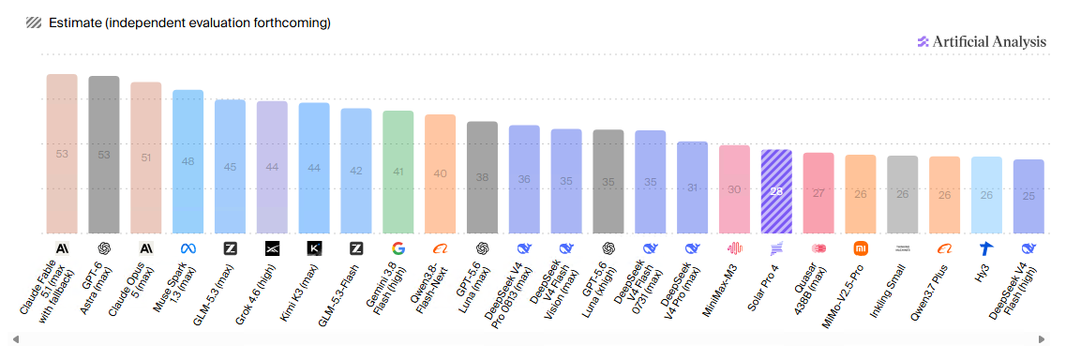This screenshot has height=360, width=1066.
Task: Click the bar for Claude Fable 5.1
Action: (62, 154)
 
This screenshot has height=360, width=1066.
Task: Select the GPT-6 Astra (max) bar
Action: (104, 155)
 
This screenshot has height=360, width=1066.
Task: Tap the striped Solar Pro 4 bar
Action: (776, 191)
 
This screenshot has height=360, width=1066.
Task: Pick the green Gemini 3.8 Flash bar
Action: (398, 172)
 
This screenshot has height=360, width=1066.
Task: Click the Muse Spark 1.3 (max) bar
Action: (188, 161)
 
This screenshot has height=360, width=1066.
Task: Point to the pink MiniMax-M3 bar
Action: (734, 189)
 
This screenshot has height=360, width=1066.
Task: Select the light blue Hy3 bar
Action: (986, 195)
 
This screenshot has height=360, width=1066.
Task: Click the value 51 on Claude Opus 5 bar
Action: (146, 157)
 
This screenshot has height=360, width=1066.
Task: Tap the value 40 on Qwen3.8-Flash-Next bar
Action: (440, 173)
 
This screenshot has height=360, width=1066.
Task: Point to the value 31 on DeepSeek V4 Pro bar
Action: (692, 187)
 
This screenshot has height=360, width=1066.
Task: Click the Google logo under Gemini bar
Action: (398, 247)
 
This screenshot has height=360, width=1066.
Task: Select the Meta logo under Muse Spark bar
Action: (188, 247)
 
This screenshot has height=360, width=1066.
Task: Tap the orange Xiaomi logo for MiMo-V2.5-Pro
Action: (861, 247)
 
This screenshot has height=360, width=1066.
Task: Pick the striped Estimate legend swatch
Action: (34, 23)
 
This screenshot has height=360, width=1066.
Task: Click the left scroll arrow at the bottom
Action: (16, 339)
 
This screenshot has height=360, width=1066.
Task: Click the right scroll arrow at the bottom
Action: (1041, 339)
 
